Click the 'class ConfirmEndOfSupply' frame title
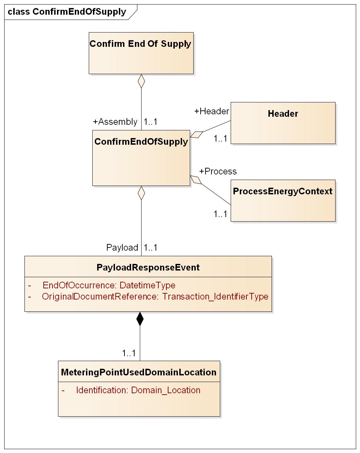click(67, 12)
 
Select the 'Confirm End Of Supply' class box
click(141, 53)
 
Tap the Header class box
click(283, 123)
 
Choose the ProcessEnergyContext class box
click(283, 200)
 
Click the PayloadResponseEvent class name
click(148, 267)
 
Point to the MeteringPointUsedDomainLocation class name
click(139, 372)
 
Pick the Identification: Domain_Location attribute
click(138, 390)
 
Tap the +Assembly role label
click(115, 122)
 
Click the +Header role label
click(211, 111)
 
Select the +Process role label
click(218, 171)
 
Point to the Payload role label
click(122, 247)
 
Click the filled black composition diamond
click(140, 319)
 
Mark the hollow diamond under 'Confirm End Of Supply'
click(141, 81)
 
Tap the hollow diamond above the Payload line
click(141, 193)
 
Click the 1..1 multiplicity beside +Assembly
click(151, 122)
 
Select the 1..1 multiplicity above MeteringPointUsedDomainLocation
click(129, 353)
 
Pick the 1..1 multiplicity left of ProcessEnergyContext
click(221, 214)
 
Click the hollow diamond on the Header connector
click(196, 135)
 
